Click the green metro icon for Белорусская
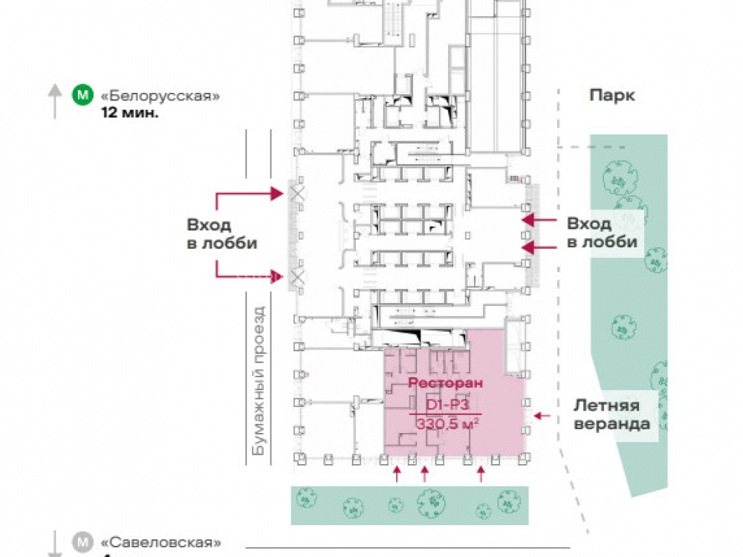pos(81,96)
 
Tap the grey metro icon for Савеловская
pos(81,542)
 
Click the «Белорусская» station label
pos(160,97)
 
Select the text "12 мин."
pos(130,114)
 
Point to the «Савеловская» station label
pos(160,542)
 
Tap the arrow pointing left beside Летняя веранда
pos(543,416)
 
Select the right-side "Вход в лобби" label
pos(601,232)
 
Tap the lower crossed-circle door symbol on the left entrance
pos(298,277)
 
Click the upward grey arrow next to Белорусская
pos(55,100)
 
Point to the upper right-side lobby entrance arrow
pos(539,220)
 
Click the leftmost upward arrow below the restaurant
pos(397,474)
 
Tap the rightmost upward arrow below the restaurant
pos(481,474)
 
